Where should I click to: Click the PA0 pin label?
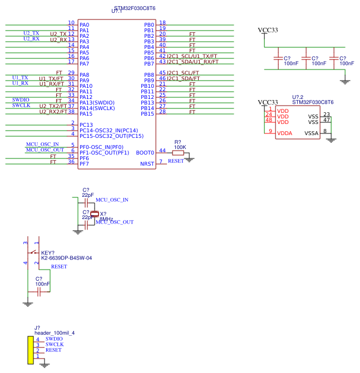click(x=84, y=25)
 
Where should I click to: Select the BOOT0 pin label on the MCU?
click(x=145, y=153)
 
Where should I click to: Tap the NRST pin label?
click(x=147, y=164)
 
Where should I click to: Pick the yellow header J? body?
click(x=31, y=350)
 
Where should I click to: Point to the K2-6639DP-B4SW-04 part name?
click(x=66, y=258)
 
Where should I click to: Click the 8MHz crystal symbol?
click(x=95, y=214)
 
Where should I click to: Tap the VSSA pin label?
click(x=311, y=133)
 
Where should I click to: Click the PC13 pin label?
click(x=86, y=125)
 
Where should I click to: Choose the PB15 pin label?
click(x=147, y=114)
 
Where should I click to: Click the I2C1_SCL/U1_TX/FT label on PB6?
click(x=192, y=57)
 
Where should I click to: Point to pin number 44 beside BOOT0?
click(x=162, y=151)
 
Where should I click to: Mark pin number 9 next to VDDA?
click(x=270, y=131)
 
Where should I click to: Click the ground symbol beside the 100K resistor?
click(x=189, y=159)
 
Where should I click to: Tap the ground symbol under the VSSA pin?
click(x=331, y=140)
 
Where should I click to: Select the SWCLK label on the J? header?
click(x=55, y=345)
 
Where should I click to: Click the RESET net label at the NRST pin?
click(x=175, y=161)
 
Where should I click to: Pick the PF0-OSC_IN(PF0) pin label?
click(x=101, y=147)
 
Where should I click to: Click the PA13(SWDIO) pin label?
click(x=97, y=103)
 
